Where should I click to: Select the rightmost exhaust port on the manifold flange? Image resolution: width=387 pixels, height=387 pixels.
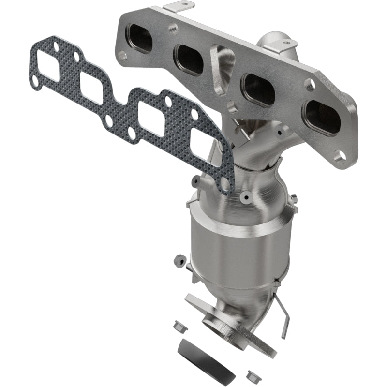321,116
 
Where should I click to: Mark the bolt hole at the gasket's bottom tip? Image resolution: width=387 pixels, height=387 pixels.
224,184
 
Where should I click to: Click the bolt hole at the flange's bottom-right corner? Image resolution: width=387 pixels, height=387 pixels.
342,154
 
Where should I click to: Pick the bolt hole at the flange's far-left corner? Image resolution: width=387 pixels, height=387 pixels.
122,56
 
